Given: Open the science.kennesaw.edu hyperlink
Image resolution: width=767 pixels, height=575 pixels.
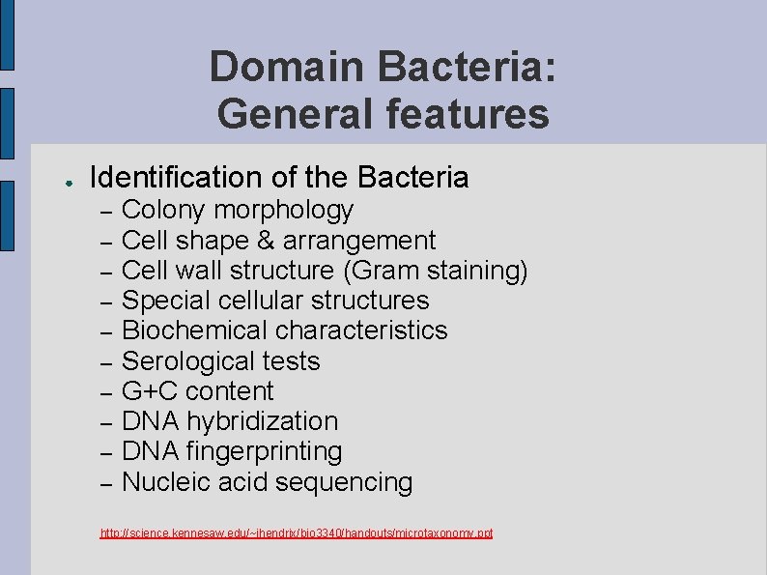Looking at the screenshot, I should [x=297, y=532].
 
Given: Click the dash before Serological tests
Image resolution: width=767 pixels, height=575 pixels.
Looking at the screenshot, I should [x=107, y=362].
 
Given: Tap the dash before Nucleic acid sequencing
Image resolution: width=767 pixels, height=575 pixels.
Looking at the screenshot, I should [x=107, y=483].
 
